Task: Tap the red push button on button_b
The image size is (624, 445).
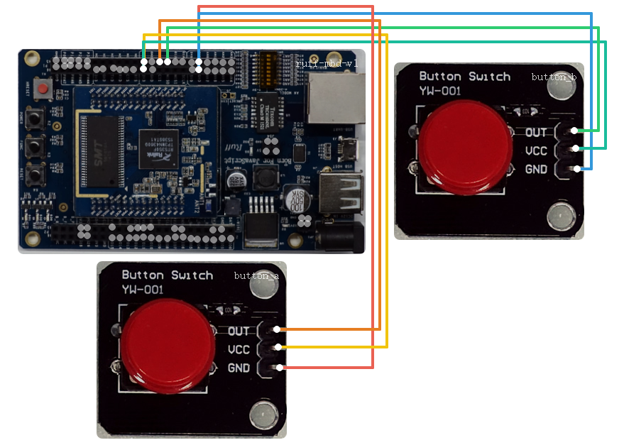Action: coord(465,145)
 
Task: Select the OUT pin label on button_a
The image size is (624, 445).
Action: coord(239,331)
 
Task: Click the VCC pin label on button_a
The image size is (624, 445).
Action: coord(239,349)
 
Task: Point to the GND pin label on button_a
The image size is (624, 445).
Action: coord(239,368)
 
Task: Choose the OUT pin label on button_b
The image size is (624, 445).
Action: coord(536,132)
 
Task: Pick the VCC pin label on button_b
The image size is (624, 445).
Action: coord(536,150)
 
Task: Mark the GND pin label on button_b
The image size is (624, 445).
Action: coord(536,169)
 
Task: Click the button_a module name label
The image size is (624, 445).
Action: coord(256,275)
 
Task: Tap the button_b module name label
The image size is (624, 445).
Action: coord(554,77)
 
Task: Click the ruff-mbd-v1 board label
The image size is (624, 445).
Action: coord(327,64)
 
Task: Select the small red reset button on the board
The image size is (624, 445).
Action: coord(43,89)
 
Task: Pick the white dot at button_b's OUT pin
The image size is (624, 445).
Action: coord(578,131)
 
